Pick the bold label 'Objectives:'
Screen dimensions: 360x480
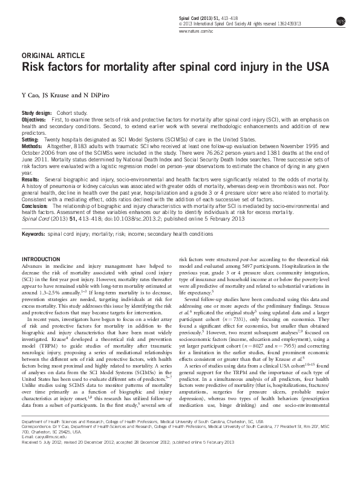[34, 120]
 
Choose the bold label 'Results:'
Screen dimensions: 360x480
[30, 180]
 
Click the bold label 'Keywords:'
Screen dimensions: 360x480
[33, 232]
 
